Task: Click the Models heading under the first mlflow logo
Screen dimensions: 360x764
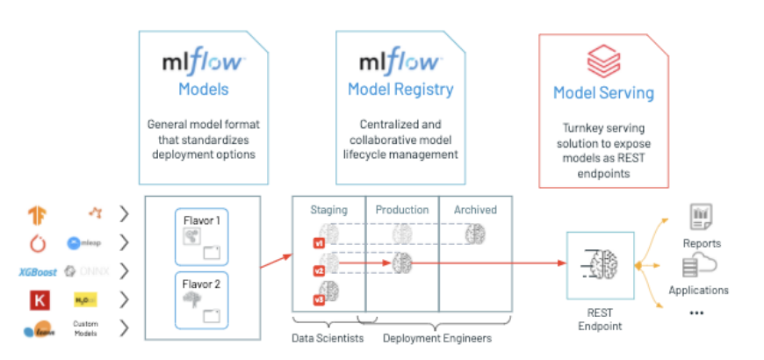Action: pyautogui.click(x=203, y=89)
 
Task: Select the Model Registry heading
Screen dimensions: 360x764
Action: pyautogui.click(x=400, y=89)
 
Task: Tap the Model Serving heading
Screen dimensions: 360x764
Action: pyautogui.click(x=603, y=93)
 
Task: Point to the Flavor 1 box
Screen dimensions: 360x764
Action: pyautogui.click(x=202, y=236)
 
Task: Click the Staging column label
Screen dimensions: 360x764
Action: pyautogui.click(x=328, y=210)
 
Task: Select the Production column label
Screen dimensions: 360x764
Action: pyautogui.click(x=402, y=210)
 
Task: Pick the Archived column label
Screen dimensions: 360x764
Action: pyautogui.click(x=475, y=210)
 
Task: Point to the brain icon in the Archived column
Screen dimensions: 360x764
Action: pyautogui.click(x=475, y=234)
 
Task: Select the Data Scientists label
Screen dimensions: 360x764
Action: pyautogui.click(x=327, y=338)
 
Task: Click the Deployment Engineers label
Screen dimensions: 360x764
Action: pyautogui.click(x=436, y=338)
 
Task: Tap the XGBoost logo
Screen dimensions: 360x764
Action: pyautogui.click(x=38, y=271)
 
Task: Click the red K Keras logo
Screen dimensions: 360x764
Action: pyautogui.click(x=39, y=300)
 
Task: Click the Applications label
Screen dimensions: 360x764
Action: pyautogui.click(x=699, y=290)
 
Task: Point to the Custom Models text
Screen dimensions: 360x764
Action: pyautogui.click(x=86, y=329)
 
